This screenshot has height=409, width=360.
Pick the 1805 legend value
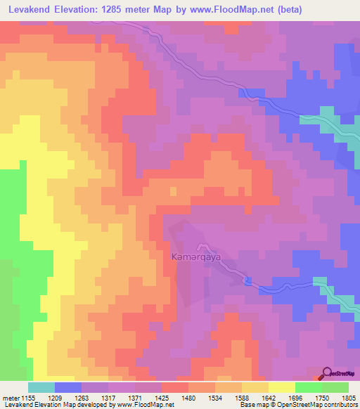[348, 397]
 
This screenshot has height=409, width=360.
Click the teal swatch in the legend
[41, 387]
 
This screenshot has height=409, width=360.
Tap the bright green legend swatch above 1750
[308, 387]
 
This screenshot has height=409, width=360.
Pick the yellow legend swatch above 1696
[281, 387]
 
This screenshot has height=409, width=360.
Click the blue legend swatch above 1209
[67, 387]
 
